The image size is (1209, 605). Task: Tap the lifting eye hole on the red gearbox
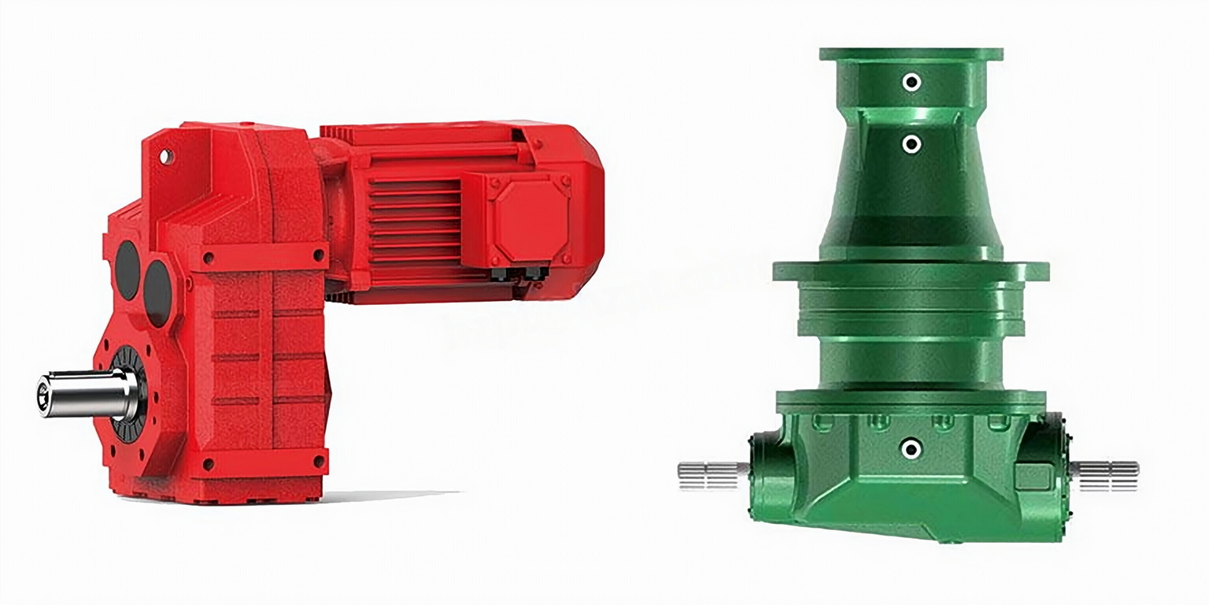(x=165, y=156)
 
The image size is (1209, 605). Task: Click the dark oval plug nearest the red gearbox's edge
(x=127, y=270)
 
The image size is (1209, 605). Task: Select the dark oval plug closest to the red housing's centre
(x=158, y=293)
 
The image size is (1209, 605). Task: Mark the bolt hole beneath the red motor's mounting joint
(x=319, y=255)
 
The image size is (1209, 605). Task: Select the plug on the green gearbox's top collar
(x=911, y=82)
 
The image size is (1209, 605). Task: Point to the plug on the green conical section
(x=911, y=144)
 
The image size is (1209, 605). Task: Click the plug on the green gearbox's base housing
(x=911, y=448)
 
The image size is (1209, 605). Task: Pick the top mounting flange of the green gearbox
(x=911, y=54)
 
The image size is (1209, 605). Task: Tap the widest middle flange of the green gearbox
(x=911, y=271)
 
